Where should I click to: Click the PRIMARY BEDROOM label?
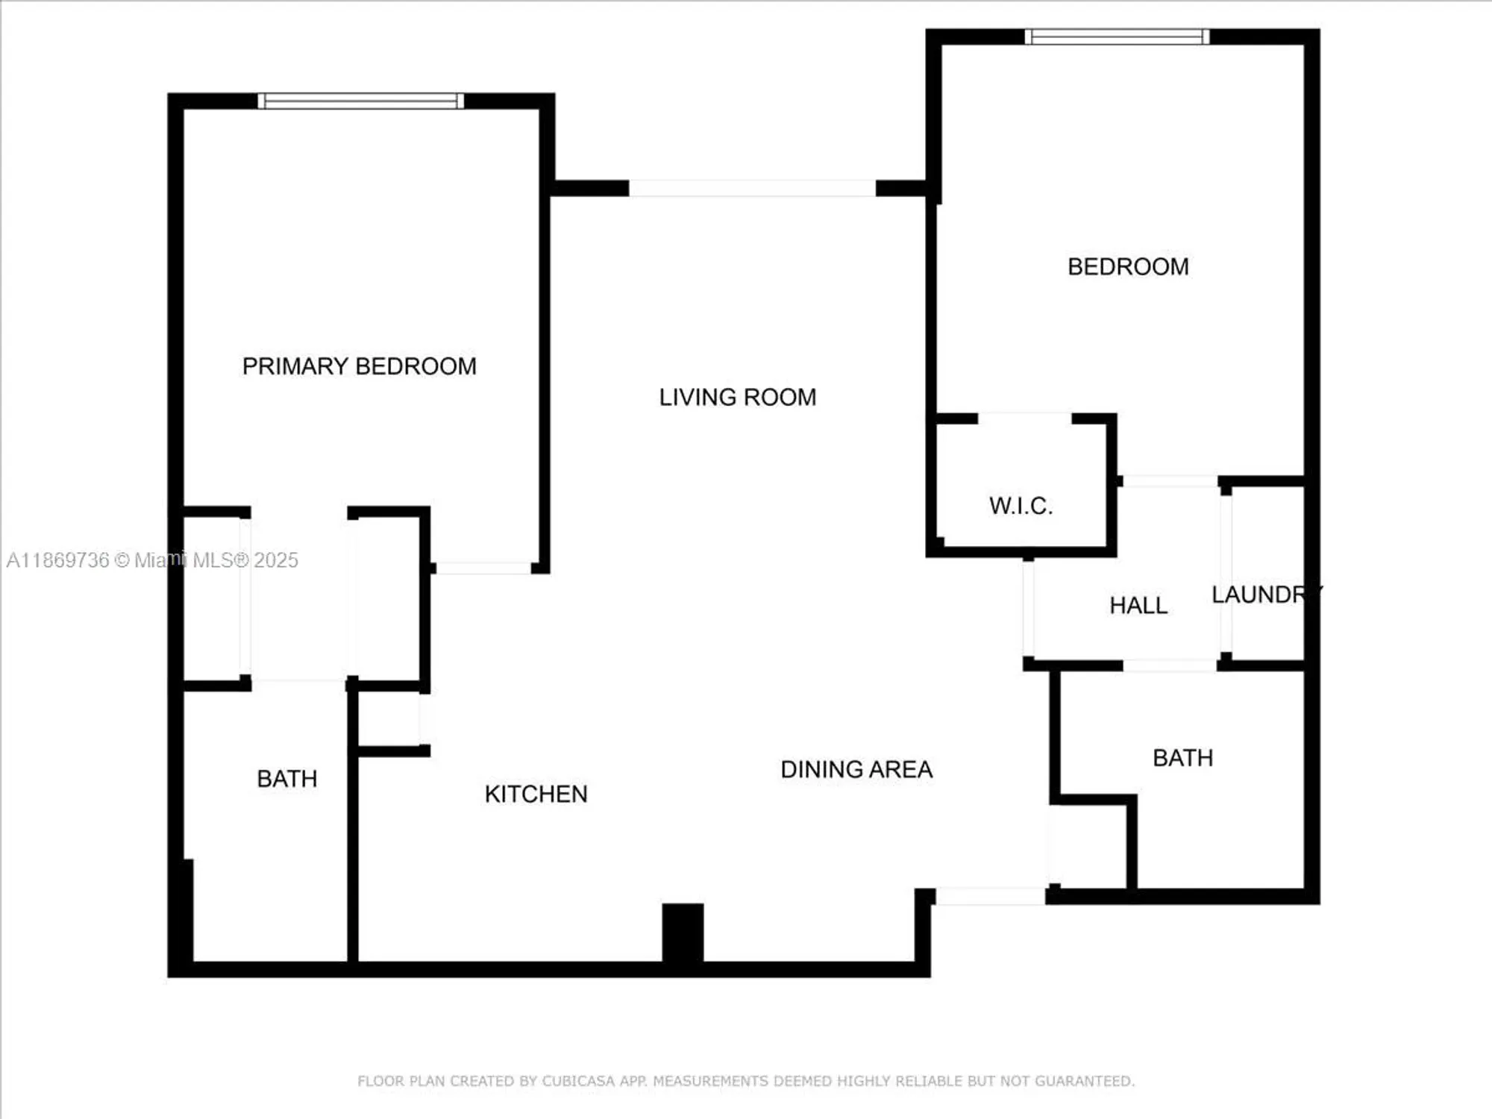[359, 366]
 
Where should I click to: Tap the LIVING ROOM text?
[737, 397]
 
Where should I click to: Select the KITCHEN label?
[536, 794]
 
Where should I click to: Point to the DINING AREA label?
[856, 769]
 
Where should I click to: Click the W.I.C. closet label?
[1021, 506]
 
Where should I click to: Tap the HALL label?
[1138, 605]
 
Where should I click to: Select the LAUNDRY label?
[1265, 595]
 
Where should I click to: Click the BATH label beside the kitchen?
[286, 779]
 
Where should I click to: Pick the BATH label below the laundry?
[1182, 758]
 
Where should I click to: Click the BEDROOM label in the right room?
[1128, 266]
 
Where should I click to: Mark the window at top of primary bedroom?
[361, 101]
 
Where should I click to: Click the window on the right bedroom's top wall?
[1117, 37]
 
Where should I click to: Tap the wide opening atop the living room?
[752, 188]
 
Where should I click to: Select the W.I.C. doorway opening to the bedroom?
[1024, 419]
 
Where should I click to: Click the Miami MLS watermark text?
[152, 560]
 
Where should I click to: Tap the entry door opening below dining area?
[991, 896]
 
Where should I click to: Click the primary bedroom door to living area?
[483, 568]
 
